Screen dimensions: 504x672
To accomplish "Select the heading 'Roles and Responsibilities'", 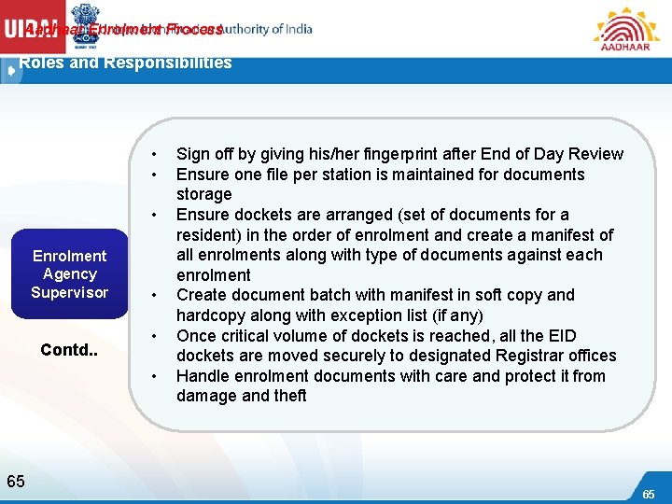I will click(125, 63).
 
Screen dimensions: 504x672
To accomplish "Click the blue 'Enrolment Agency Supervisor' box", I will click(70, 273).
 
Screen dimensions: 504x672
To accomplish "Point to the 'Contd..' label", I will click(70, 350).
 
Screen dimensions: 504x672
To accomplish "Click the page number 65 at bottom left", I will click(16, 481).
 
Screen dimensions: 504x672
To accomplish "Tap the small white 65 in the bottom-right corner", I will click(648, 493).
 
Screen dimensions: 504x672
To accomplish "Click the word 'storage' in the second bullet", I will click(204, 194).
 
